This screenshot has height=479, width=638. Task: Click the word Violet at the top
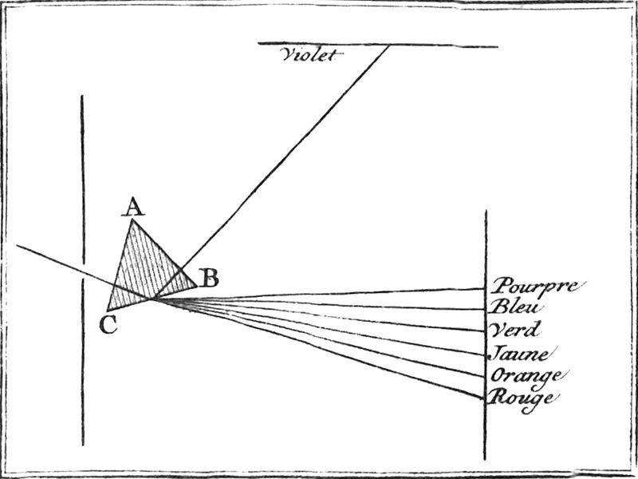(311, 55)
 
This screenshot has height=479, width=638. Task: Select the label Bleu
(518, 307)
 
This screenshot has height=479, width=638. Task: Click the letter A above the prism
(133, 208)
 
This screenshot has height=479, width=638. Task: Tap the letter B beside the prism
(209, 278)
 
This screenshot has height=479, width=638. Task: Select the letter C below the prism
(109, 324)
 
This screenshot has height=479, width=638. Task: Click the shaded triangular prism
(144, 275)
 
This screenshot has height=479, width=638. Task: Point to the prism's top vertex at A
(132, 221)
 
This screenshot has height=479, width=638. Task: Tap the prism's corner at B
(196, 285)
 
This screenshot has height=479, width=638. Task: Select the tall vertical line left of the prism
(82, 200)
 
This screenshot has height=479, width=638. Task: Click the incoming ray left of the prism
(56, 261)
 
